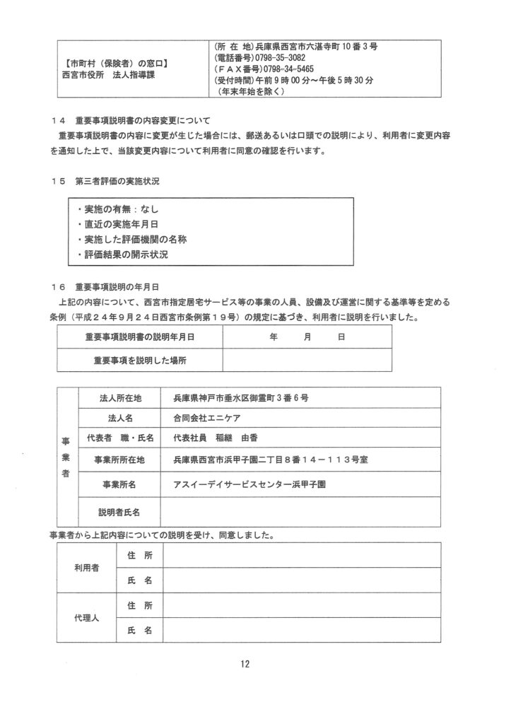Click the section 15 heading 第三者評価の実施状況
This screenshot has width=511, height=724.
coord(117,181)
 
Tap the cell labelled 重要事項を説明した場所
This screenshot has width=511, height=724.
coord(140,360)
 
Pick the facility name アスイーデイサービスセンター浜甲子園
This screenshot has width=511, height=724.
coord(249,485)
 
